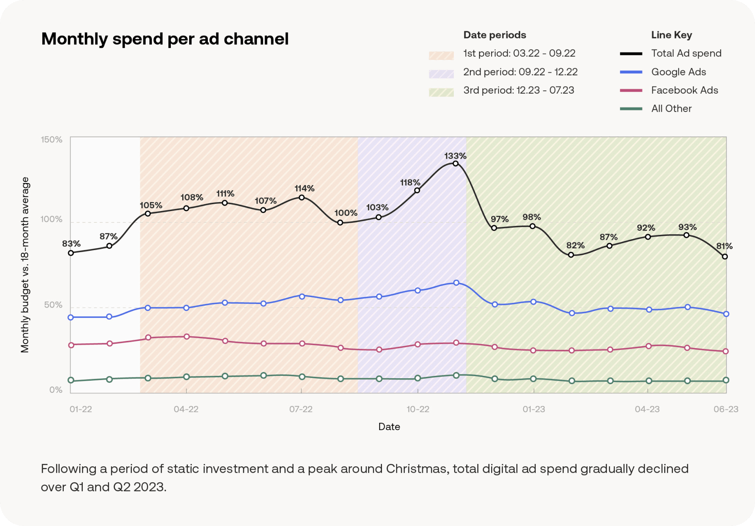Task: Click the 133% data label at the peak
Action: coord(455,156)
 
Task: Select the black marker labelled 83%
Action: coord(71,253)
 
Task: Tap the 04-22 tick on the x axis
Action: coord(186,409)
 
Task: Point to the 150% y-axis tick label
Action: coord(52,140)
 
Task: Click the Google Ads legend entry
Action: coord(678,72)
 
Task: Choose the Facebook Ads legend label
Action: coord(684,90)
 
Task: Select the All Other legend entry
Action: coord(671,108)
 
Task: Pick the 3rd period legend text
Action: coord(518,90)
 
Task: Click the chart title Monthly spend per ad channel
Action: coord(165,39)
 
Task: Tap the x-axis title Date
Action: coord(389,427)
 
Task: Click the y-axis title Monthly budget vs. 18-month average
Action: coord(25,265)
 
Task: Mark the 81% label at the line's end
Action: coord(724,246)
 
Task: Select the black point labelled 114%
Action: coord(302,198)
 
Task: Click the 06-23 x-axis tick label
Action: coord(726,409)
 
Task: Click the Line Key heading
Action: coord(671,35)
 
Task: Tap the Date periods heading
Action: coord(494,35)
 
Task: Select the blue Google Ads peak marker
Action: coord(456,283)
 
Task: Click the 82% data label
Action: coord(575,245)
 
